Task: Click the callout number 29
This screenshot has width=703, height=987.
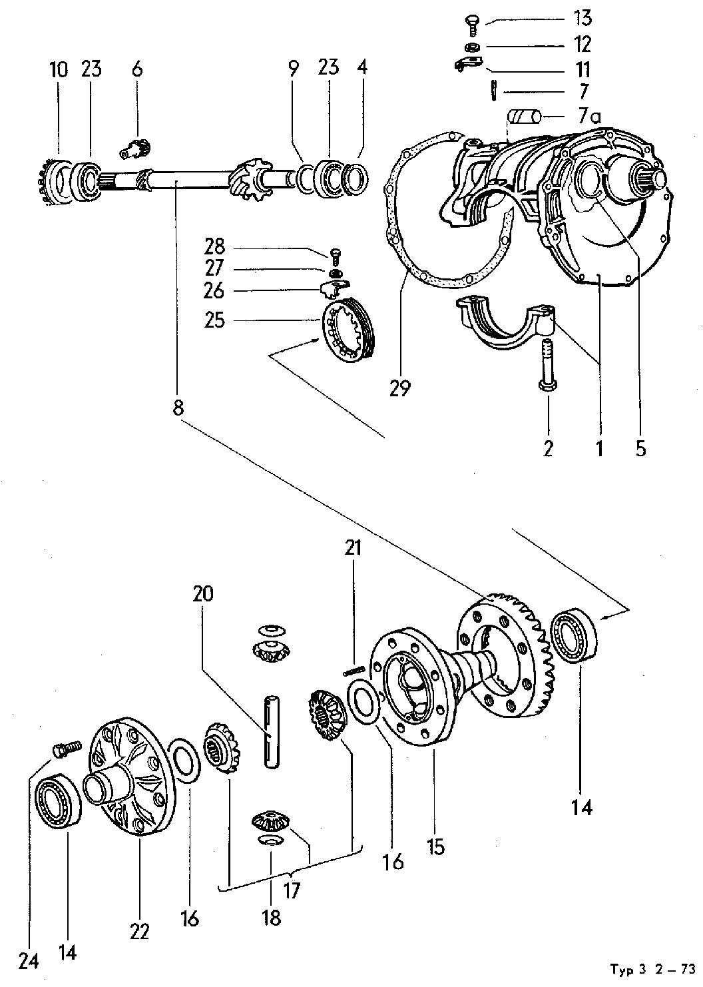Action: [x=401, y=388]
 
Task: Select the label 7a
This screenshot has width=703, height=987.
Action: [x=589, y=117]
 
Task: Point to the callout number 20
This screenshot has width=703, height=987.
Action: [x=204, y=593]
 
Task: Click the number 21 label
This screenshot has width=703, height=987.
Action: [x=353, y=548]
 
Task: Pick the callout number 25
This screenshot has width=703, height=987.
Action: [x=215, y=320]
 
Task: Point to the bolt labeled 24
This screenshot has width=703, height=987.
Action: [x=65, y=749]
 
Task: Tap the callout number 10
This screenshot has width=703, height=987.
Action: [x=59, y=69]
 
